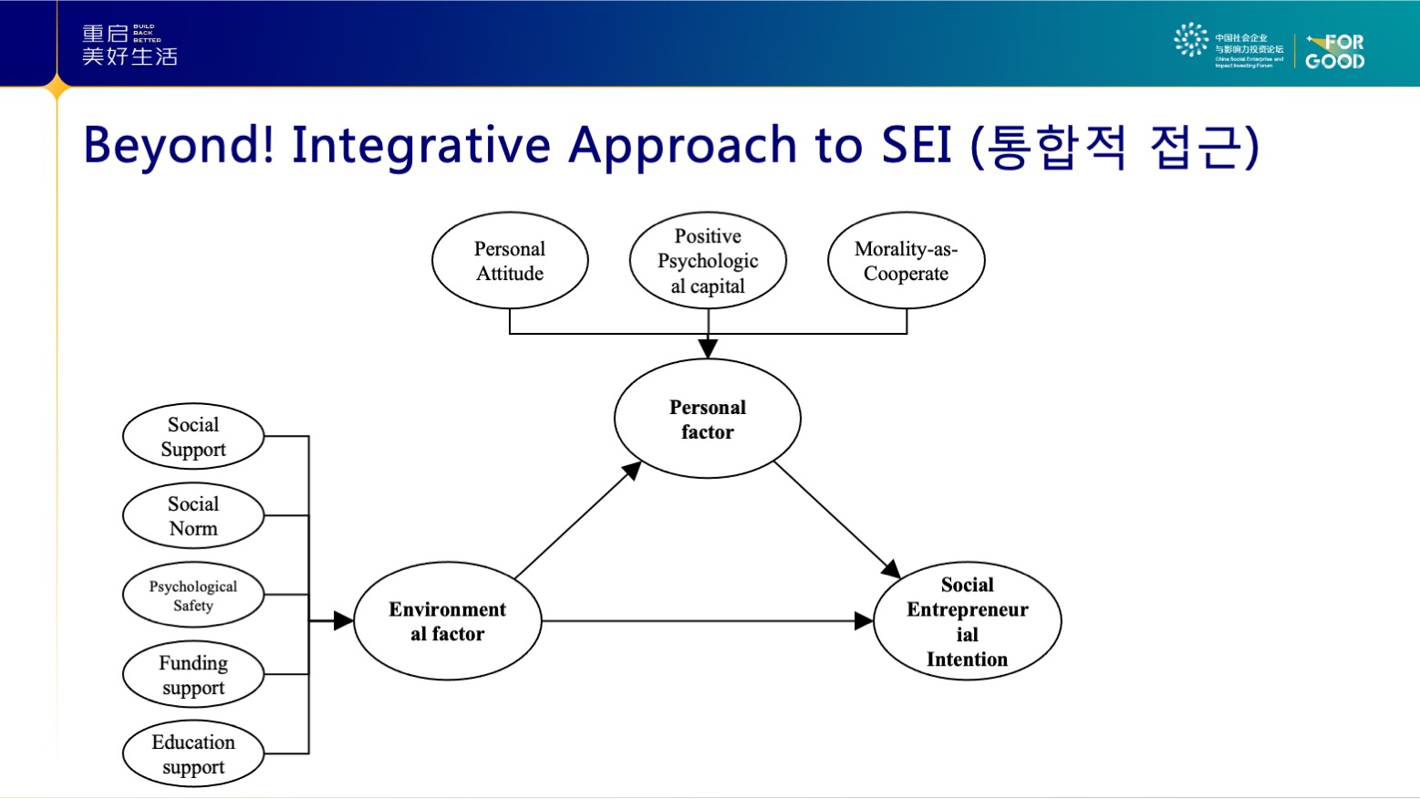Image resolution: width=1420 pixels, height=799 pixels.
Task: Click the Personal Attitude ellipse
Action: pos(510,261)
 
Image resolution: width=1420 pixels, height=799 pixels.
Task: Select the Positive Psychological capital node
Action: pos(708,261)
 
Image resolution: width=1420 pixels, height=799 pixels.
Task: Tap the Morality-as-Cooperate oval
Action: pos(906,261)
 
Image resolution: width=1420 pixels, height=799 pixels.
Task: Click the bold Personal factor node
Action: pos(708,419)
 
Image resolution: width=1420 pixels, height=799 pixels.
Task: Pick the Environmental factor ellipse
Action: pos(447,621)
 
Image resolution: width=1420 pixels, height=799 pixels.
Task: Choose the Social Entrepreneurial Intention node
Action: pos(967,621)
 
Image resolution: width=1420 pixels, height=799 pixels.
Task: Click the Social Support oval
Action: pos(193,437)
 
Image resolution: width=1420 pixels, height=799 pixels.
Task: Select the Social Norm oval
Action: pos(193,516)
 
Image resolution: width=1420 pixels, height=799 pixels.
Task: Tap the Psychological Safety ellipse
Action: pos(193,596)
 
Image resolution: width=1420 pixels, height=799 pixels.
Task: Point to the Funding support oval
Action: pos(193,675)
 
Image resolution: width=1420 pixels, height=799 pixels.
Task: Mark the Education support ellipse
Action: pos(193,754)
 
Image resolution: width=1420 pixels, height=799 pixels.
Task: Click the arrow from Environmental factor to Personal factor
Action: pos(576,522)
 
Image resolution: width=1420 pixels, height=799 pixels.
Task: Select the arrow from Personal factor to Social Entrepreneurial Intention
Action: pos(834,517)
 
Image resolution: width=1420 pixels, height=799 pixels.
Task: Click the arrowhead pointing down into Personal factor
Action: pos(708,348)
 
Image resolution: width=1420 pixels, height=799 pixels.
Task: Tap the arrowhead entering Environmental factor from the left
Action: pos(343,621)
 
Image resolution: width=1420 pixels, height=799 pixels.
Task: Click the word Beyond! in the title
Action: pos(179,146)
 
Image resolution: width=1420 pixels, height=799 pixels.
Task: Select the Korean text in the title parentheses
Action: pos(1114,146)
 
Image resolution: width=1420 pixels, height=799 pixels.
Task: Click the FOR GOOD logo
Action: pos(1334,52)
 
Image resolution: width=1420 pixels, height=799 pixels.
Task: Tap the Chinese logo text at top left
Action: pos(130,46)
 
